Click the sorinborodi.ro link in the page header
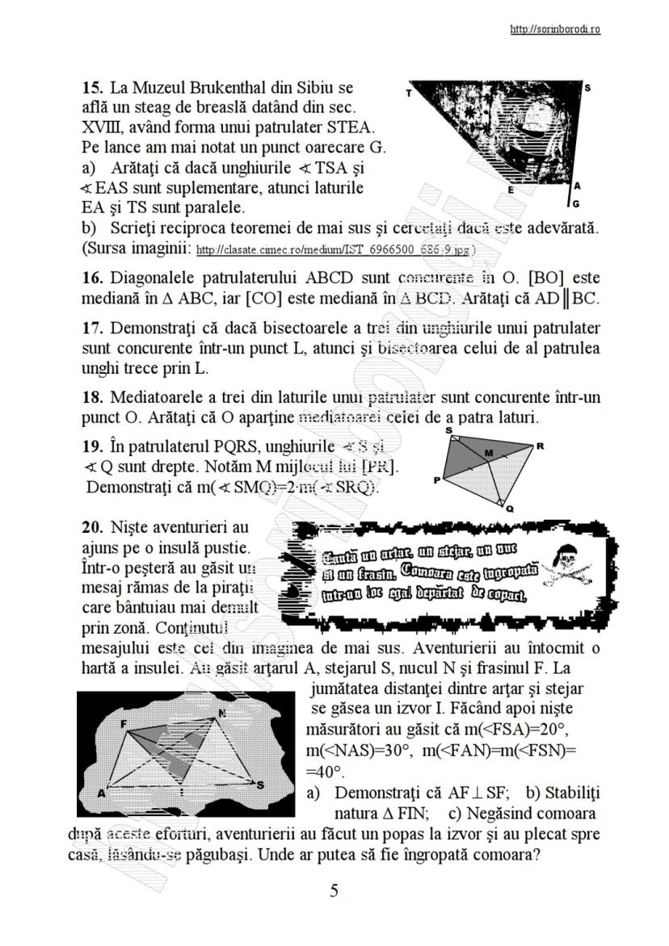point(554,30)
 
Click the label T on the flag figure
point(409,93)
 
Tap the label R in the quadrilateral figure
point(540,446)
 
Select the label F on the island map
point(124,724)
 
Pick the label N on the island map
point(221,714)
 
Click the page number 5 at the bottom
point(334,891)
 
